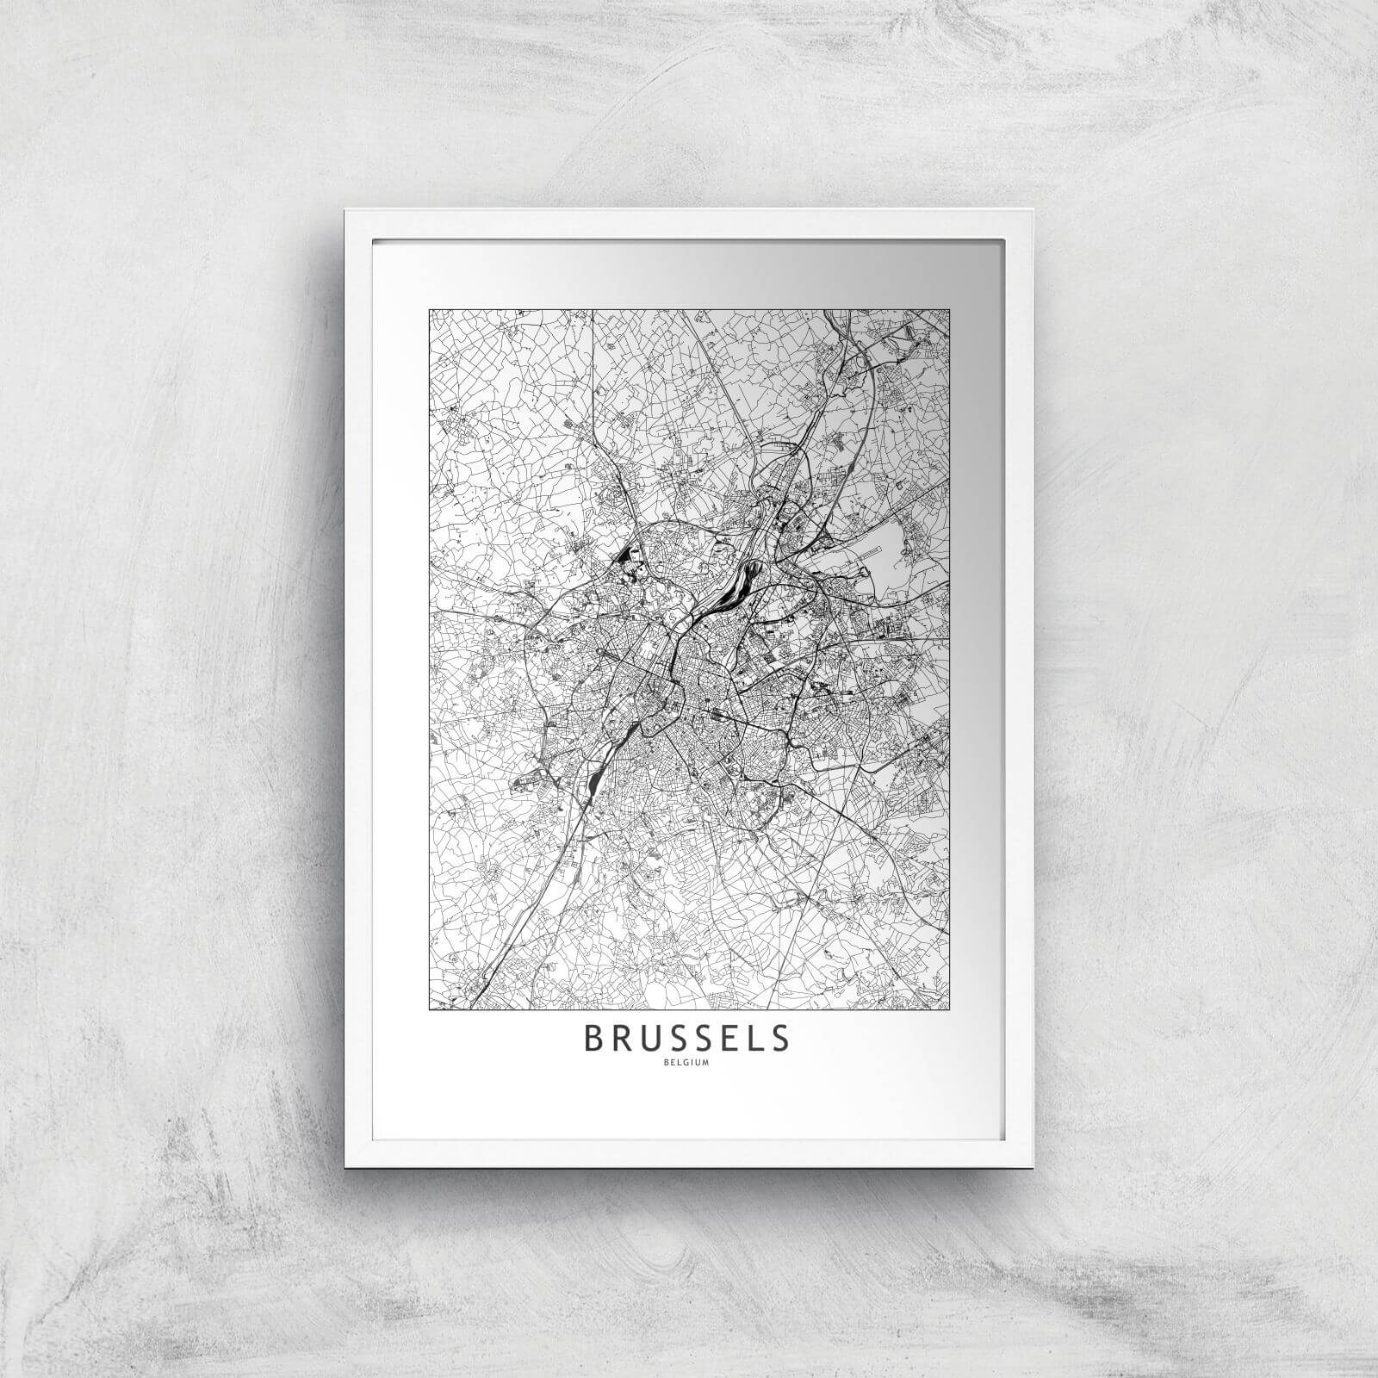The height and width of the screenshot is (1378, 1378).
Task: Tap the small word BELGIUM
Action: click(686, 1062)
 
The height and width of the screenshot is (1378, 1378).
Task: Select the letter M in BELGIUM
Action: click(705, 1062)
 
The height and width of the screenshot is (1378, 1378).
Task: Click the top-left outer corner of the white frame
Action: click(344, 209)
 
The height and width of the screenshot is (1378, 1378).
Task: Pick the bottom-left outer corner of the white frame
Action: click(344, 1166)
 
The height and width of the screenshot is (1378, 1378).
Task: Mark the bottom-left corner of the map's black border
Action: click(429, 1008)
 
